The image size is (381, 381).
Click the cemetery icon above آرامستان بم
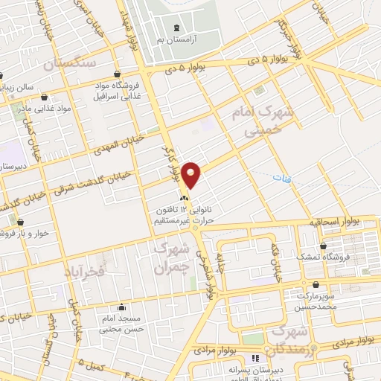coord(175,27)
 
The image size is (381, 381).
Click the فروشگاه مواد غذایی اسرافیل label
coord(117,91)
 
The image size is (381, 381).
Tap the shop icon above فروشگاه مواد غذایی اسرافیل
coord(118,74)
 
